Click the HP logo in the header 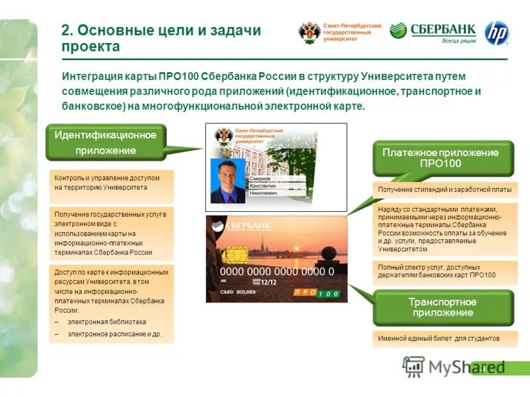pyautogui.click(x=496, y=33)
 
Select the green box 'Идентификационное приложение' pyautogui.click(x=105, y=143)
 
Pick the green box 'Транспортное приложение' pyautogui.click(x=443, y=307)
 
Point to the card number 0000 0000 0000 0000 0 pyautogui.click(x=277, y=271)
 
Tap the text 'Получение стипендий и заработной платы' pyautogui.click(x=445, y=190)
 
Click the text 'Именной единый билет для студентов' pyautogui.click(x=439, y=338)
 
